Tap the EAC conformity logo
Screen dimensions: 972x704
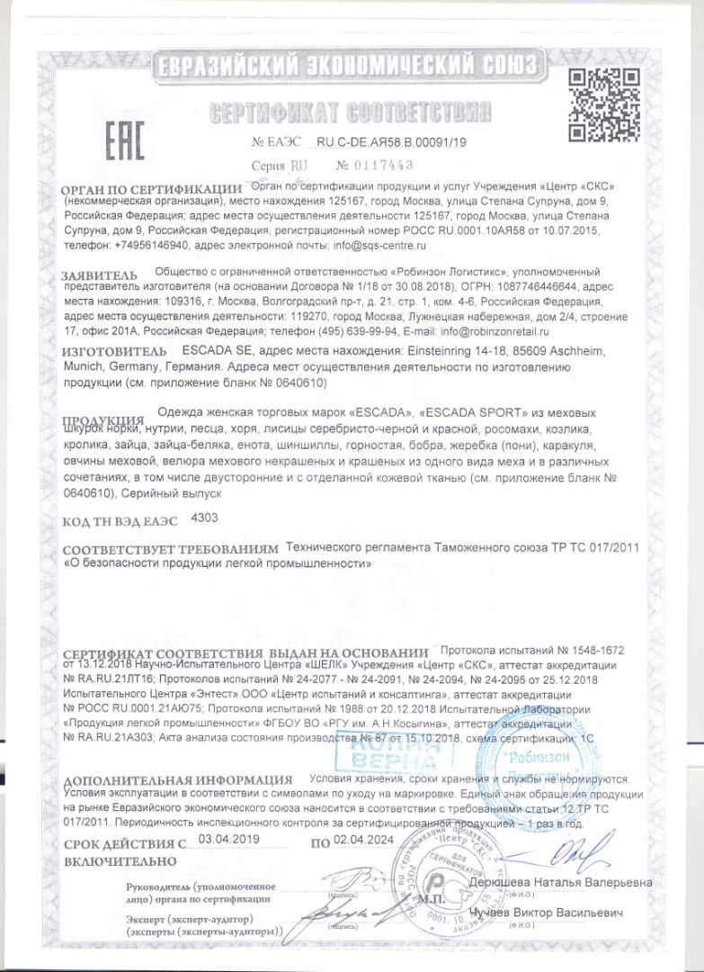[x=109, y=139]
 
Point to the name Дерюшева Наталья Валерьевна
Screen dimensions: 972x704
[x=561, y=882]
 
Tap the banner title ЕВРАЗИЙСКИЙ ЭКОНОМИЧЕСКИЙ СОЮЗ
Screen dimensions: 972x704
[x=345, y=66]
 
